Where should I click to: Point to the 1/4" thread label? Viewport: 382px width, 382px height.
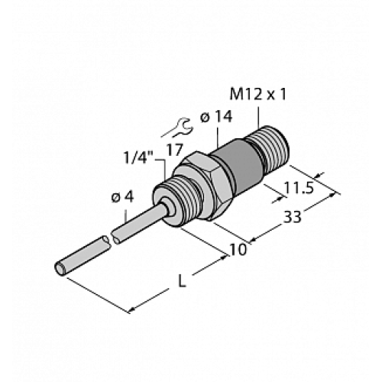point(141,158)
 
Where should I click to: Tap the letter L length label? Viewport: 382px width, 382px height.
point(181,282)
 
